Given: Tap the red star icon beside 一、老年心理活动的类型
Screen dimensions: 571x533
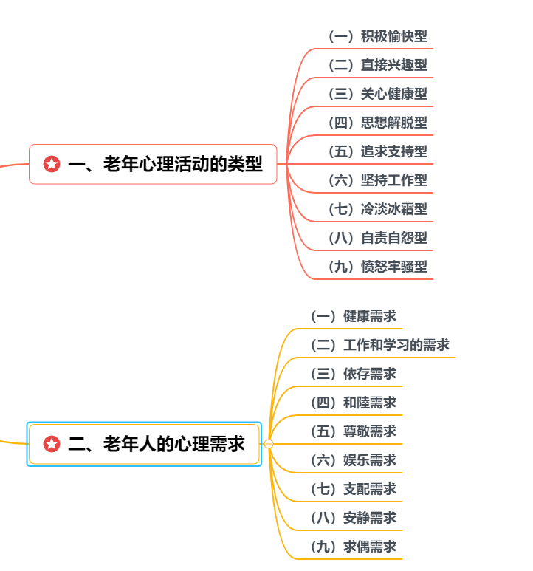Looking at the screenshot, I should pyautogui.click(x=52, y=164).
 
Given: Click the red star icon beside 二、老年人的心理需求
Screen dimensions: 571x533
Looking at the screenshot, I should pyautogui.click(x=52, y=444).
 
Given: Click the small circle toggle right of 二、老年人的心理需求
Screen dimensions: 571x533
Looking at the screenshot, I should pyautogui.click(x=269, y=444).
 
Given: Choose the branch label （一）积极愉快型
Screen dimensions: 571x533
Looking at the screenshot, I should pyautogui.click(x=376, y=36).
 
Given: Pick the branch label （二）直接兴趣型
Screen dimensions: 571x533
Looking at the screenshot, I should pyautogui.click(x=376, y=65).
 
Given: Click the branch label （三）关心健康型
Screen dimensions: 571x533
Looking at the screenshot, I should pyautogui.click(x=376, y=94).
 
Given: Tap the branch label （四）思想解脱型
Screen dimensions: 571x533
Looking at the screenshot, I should pyautogui.click(x=376, y=123).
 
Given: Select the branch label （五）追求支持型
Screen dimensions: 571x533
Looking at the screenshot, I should pyautogui.click(x=376, y=151).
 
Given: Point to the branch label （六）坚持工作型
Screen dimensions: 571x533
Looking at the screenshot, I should pyautogui.click(x=376, y=180).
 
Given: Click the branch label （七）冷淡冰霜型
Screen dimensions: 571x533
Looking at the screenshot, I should pyautogui.click(x=376, y=209).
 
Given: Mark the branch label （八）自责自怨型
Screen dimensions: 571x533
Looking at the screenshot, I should pyautogui.click(x=376, y=238).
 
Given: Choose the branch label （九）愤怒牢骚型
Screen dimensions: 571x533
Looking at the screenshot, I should pyautogui.click(x=376, y=267).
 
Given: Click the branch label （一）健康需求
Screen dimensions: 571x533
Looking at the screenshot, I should pyautogui.click(x=352, y=316).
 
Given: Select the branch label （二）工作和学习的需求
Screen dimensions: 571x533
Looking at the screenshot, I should pyautogui.click(x=379, y=345).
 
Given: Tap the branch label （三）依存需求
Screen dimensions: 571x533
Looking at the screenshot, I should pyautogui.click(x=352, y=374).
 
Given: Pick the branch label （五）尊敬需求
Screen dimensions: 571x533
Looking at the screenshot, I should pyautogui.click(x=352, y=431).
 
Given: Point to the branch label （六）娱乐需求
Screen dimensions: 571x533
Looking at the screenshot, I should pyautogui.click(x=352, y=460).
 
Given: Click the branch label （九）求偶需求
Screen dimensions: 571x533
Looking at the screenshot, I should pyautogui.click(x=352, y=547).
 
